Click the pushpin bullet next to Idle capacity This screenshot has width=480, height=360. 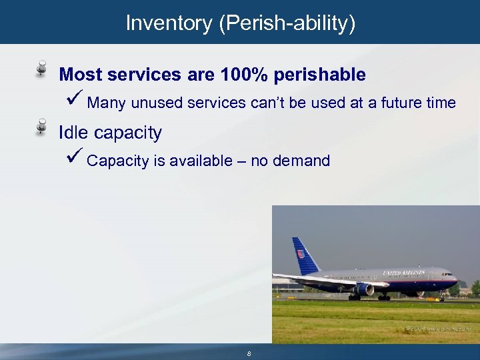(41, 126)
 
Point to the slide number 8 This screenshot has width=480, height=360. (249, 353)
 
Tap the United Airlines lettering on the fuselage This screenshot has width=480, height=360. (404, 273)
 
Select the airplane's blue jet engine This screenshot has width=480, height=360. (364, 289)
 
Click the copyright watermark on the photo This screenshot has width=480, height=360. (439, 329)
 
